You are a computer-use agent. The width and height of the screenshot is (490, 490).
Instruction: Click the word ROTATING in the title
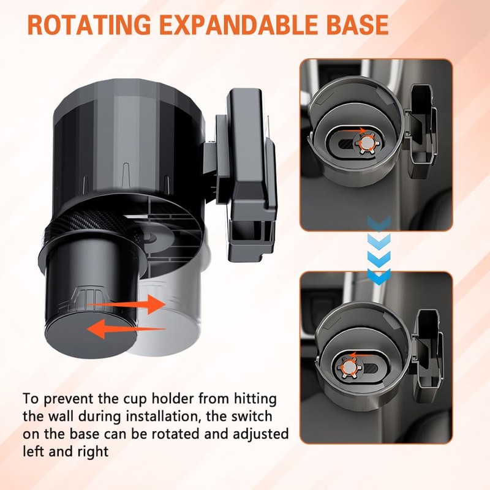tap(89, 25)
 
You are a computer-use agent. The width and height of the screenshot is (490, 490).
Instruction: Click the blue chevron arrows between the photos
tap(379, 251)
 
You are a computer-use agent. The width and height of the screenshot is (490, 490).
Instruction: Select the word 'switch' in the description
tap(252, 417)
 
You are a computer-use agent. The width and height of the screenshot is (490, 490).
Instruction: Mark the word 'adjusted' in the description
tap(261, 435)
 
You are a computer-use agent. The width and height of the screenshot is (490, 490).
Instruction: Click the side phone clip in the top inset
tap(422, 125)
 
